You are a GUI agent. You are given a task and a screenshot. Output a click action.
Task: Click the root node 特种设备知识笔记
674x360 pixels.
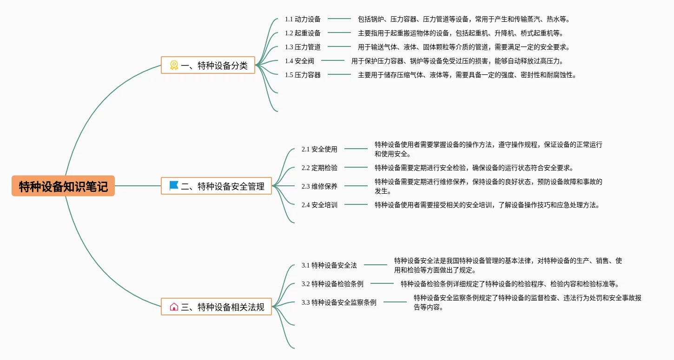coord(63,186)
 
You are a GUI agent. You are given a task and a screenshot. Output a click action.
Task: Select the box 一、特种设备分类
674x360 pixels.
coord(208,65)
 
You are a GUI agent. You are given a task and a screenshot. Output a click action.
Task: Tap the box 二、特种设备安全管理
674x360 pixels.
coord(216,186)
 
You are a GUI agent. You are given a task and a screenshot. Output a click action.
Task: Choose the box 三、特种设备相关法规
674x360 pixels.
coord(216,307)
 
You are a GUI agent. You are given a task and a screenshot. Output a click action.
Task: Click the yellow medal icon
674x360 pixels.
coord(174,65)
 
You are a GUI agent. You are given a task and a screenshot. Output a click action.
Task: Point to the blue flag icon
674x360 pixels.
coord(174,185)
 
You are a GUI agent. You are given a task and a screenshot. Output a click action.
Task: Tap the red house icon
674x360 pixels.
coord(174,307)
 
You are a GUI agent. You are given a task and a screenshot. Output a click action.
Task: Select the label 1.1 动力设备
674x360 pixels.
coord(303,19)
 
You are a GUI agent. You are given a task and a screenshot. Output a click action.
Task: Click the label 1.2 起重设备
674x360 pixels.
coord(303,33)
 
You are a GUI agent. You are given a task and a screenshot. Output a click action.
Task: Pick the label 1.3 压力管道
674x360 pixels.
coord(303,47)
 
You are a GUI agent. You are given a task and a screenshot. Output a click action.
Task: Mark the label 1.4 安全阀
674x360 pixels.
coord(299,61)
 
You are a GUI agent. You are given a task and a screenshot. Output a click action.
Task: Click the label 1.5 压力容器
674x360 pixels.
coord(303,75)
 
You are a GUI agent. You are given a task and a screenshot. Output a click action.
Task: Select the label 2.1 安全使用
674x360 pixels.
coord(319,149)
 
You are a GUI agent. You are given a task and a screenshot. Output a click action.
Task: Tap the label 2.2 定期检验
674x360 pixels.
coord(319,168)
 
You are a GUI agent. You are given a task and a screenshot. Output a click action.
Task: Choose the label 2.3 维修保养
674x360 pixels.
coord(319,186)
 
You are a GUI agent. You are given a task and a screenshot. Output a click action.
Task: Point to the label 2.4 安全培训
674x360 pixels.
coord(319,205)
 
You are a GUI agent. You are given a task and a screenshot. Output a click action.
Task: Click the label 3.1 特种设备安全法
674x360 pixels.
coord(329,265)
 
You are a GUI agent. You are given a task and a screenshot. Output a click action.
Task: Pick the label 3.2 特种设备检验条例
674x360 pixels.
coord(332,284)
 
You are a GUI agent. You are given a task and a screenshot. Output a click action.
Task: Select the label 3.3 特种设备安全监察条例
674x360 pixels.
coord(339,302)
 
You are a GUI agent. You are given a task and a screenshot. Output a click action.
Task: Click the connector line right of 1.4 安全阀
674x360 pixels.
coord(333,60)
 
